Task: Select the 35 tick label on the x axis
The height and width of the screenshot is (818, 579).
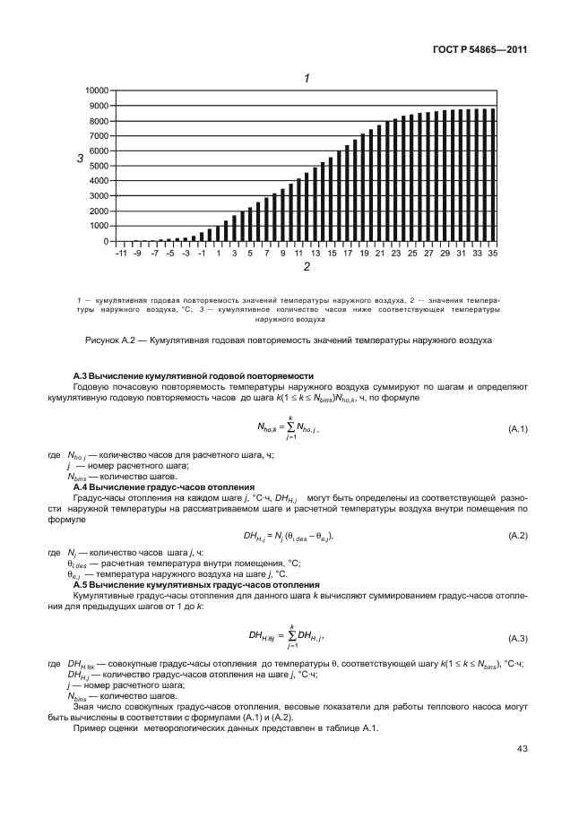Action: (x=492, y=254)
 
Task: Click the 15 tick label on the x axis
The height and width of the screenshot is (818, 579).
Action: (x=332, y=254)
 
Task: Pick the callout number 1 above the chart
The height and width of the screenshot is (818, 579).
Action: (x=307, y=78)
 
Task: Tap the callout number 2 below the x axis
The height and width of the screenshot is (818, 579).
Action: (x=307, y=267)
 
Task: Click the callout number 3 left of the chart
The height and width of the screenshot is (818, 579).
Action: (x=80, y=159)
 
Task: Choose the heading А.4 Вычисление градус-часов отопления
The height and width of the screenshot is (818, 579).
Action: (x=156, y=486)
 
